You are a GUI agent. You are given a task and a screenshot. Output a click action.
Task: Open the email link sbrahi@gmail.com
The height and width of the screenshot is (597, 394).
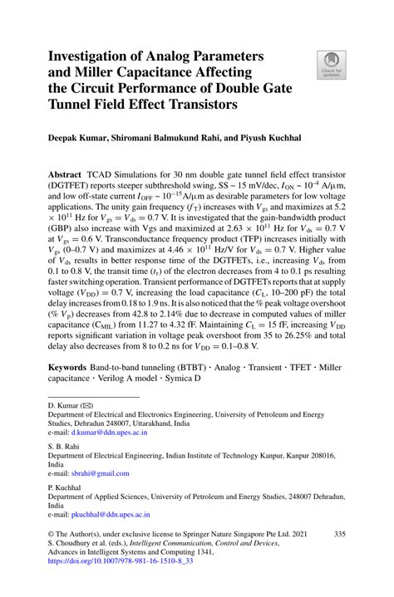(100, 474)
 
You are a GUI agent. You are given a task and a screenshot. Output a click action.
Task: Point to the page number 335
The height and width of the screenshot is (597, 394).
(338, 536)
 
